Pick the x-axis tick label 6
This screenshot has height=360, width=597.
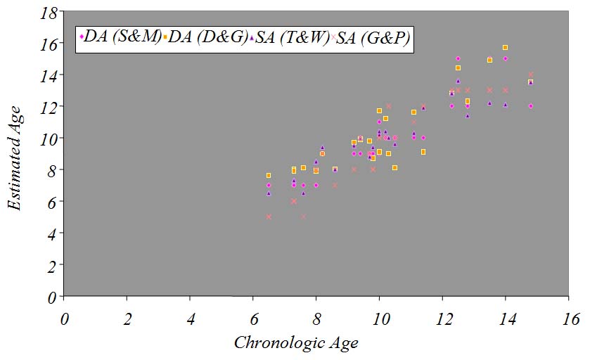pos(253,319)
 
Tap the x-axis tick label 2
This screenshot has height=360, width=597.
pos(127,319)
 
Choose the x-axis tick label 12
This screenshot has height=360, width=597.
pos(442,319)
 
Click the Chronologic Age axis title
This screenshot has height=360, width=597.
pos(296,343)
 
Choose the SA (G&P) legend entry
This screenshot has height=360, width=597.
pos(373,38)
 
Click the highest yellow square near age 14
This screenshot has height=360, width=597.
pos(505,47)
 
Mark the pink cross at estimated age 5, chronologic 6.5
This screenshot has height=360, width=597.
pos(269,217)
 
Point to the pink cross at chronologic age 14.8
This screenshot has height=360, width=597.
pos(530,74)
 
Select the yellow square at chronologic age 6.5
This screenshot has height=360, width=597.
pos(269,175)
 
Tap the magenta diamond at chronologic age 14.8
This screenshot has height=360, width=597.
pos(530,106)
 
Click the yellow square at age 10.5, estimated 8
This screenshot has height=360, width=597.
pos(394,167)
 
